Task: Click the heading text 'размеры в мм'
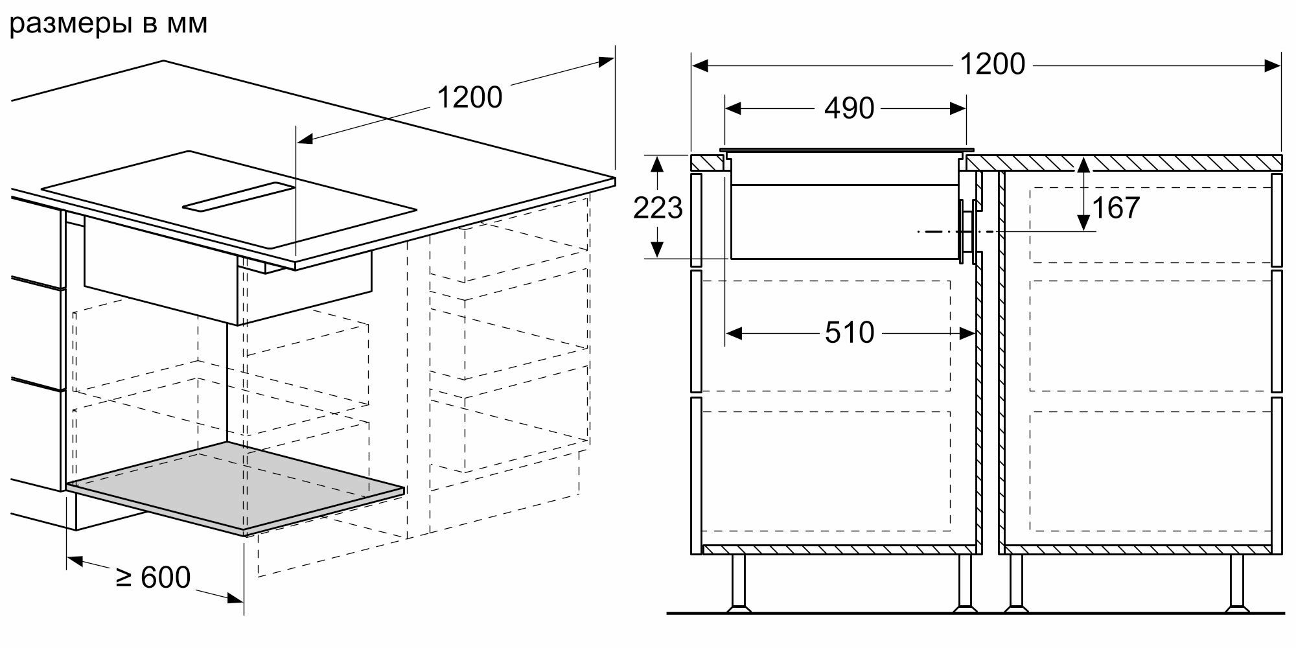(x=109, y=24)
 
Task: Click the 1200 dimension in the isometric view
(x=470, y=98)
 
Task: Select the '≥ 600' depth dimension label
(x=154, y=577)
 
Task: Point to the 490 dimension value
(x=849, y=108)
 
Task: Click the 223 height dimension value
(x=658, y=208)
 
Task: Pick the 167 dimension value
(x=1116, y=208)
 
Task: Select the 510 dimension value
(x=850, y=333)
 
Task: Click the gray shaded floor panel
(x=237, y=487)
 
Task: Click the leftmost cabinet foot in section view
(x=737, y=584)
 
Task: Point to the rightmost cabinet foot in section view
(x=1236, y=584)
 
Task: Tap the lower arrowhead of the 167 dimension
(x=1083, y=223)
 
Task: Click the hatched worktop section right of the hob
(x=1121, y=162)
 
